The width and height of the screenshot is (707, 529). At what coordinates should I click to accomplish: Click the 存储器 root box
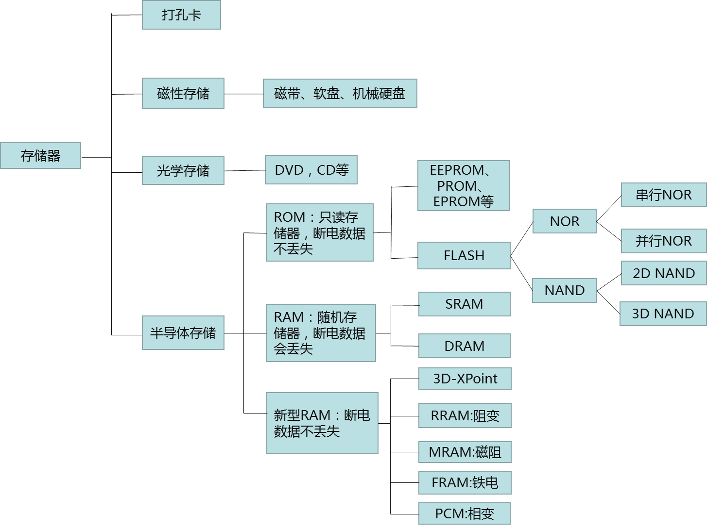tap(40, 155)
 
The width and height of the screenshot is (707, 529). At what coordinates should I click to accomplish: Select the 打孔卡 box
tap(181, 15)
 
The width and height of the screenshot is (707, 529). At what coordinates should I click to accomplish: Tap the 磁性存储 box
tap(183, 93)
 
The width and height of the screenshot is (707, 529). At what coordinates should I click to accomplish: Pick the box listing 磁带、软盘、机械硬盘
tap(340, 93)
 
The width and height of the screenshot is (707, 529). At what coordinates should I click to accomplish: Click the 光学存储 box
tap(183, 170)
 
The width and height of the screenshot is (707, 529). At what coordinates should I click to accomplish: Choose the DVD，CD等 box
tap(311, 170)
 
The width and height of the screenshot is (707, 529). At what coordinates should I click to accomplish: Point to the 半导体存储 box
tap(183, 332)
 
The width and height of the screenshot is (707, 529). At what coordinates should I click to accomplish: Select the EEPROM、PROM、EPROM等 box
tap(464, 185)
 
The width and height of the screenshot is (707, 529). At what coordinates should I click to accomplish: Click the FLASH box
tap(464, 255)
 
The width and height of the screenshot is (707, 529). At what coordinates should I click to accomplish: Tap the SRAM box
tap(464, 304)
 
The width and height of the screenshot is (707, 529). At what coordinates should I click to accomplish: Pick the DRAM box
tap(464, 346)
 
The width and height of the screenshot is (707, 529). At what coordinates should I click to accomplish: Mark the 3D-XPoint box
tap(465, 379)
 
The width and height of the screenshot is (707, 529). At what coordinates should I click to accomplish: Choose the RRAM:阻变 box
tap(465, 415)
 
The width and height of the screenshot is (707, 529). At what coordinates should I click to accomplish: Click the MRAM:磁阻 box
tap(465, 452)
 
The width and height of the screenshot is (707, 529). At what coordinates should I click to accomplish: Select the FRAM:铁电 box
tap(465, 482)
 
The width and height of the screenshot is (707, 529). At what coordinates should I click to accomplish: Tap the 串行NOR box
tap(663, 195)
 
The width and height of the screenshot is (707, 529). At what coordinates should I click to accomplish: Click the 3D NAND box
tap(663, 314)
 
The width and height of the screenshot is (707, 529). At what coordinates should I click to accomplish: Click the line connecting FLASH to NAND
tap(521, 273)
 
